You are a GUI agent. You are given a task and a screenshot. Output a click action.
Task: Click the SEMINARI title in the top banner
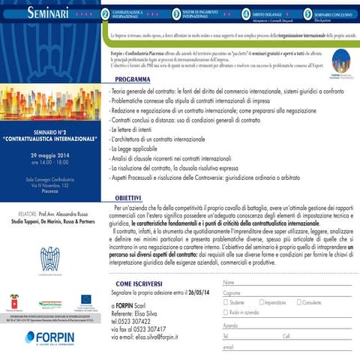[50, 13]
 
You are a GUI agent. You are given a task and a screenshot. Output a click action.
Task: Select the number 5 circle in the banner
[307, 13]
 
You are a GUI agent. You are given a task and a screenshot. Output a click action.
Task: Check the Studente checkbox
[226, 301]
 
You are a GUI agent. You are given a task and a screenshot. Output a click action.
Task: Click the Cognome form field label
[232, 292]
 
